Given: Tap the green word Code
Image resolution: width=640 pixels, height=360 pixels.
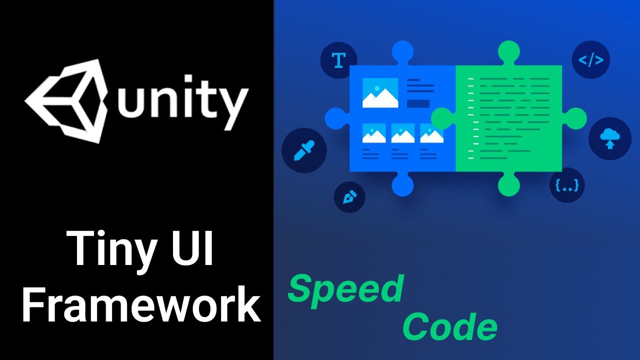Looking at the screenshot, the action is (449, 327).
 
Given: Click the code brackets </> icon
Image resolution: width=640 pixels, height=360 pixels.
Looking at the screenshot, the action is (590, 60).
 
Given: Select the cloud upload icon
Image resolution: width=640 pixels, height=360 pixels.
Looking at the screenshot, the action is (609, 138).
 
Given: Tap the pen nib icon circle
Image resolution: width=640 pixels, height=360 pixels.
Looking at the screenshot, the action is (349, 197).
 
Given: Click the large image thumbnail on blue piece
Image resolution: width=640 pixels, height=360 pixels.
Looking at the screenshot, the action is (380, 93).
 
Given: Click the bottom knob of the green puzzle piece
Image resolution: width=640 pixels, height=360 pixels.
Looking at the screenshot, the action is (509, 184).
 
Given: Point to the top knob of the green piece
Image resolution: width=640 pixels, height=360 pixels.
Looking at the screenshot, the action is (509, 53).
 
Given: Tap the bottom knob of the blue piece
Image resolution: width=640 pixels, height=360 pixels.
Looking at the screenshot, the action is (403, 184).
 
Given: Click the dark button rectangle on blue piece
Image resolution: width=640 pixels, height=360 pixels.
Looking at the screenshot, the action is (418, 103).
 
